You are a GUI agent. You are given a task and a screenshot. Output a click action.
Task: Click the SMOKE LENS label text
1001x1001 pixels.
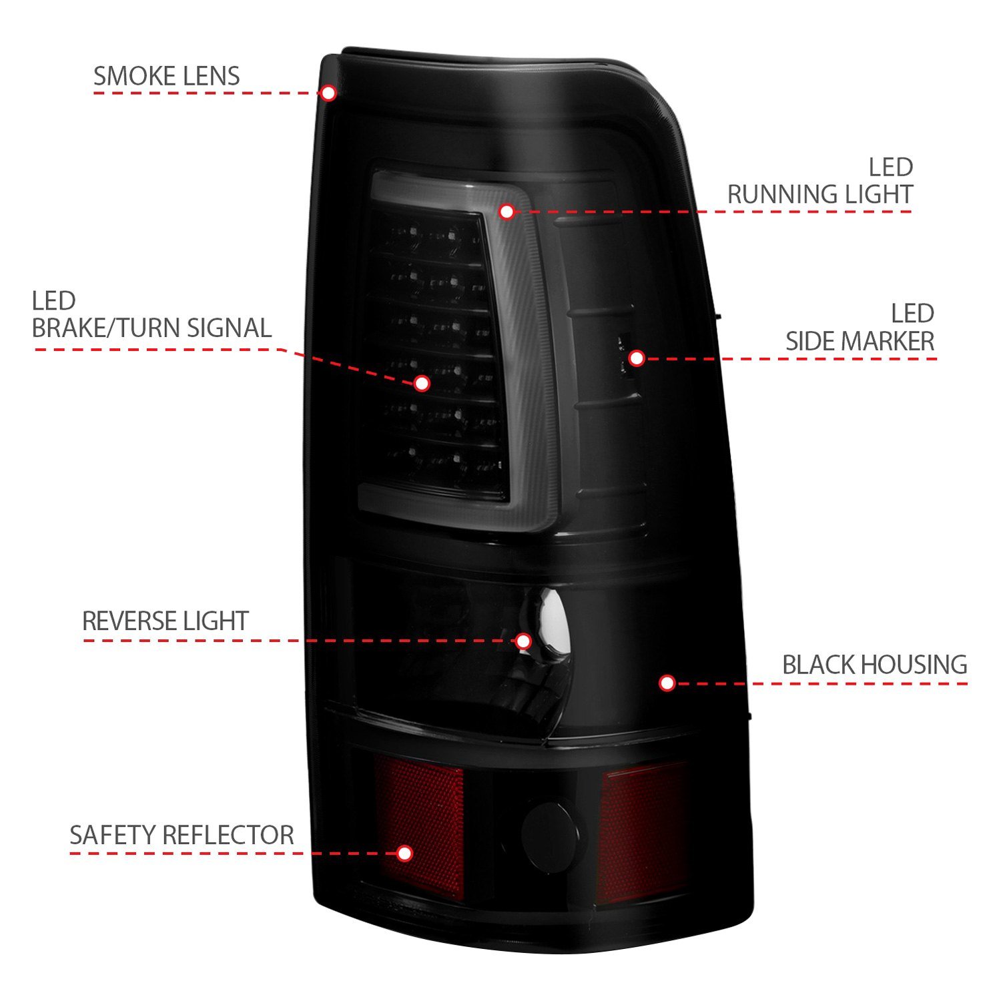coord(166,76)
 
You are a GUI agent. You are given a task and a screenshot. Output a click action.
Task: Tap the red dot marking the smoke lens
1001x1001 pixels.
coord(328,93)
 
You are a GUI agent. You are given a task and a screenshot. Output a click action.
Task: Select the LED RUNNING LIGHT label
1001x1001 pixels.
coord(820,181)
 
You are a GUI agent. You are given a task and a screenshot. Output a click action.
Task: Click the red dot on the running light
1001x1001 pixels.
coord(507,212)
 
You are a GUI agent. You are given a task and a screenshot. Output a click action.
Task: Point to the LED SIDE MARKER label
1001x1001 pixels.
coord(860,328)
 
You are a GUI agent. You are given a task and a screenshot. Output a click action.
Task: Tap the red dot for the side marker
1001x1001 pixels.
coord(637,358)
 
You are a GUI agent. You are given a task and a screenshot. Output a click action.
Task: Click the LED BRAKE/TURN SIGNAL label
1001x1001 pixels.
coord(151,315)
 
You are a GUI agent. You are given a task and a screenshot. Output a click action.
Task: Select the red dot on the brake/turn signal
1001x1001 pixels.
coord(421,383)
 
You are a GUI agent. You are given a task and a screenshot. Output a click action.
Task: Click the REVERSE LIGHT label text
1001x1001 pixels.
coord(165,621)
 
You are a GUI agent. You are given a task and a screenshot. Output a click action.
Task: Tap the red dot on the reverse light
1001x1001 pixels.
coord(524,641)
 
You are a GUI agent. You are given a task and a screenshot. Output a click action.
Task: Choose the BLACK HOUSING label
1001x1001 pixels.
coord(875,665)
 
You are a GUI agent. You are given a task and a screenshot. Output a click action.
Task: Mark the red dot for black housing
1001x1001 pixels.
coord(667,683)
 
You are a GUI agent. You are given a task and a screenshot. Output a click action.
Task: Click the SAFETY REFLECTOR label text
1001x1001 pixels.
coord(182,835)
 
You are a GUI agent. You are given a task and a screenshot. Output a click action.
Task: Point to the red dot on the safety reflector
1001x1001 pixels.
coord(404,854)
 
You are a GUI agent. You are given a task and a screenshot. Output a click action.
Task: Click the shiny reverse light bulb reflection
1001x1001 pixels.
coord(551,621)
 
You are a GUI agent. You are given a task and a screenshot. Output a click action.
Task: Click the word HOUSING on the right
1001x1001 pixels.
coord(913,665)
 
